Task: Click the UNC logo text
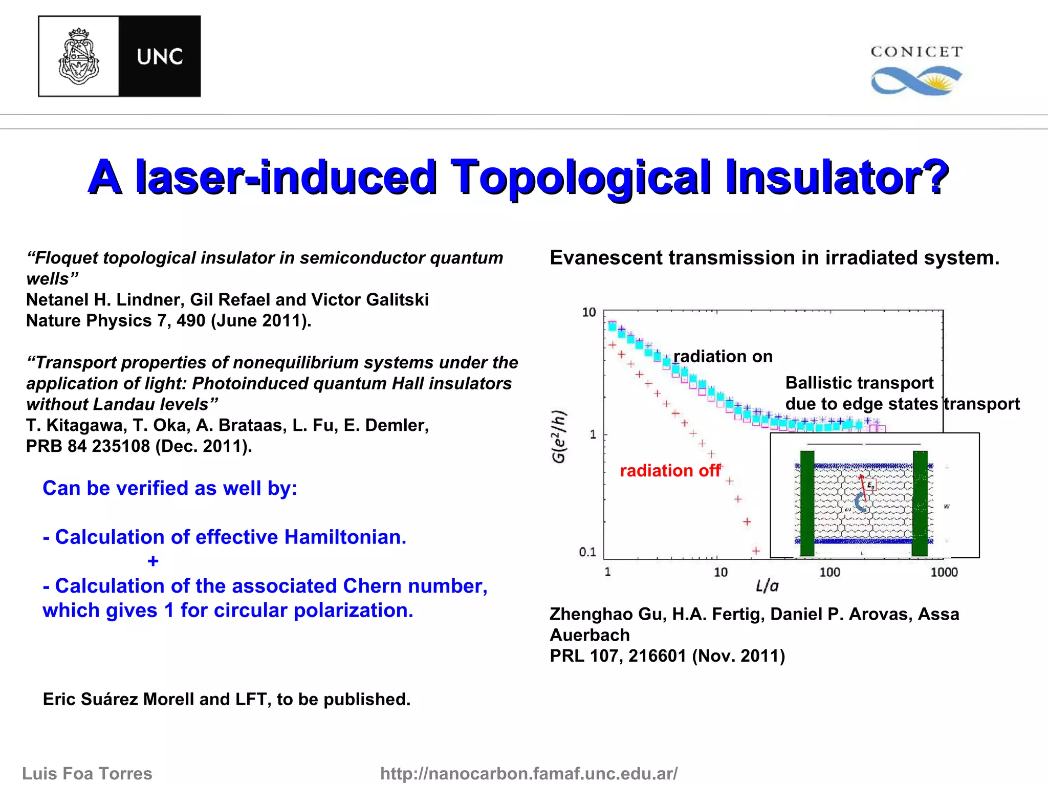[x=160, y=57]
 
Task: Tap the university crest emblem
[x=79, y=56]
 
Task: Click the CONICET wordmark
[x=916, y=52]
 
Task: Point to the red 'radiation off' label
[x=670, y=470]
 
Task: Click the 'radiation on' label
[x=723, y=356]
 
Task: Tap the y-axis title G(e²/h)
[x=559, y=436]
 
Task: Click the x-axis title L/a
[x=767, y=586]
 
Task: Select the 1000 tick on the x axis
[x=944, y=572]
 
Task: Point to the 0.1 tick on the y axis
[x=587, y=552]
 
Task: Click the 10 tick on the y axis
[x=589, y=312]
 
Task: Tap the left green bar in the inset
[x=807, y=503]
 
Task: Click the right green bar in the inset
[x=920, y=503]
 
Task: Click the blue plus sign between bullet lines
[x=152, y=561]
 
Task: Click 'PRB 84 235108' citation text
[x=88, y=446]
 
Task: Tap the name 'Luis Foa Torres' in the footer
[x=87, y=773]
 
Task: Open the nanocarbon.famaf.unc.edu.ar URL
[x=529, y=773]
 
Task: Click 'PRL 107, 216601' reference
[x=618, y=656]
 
